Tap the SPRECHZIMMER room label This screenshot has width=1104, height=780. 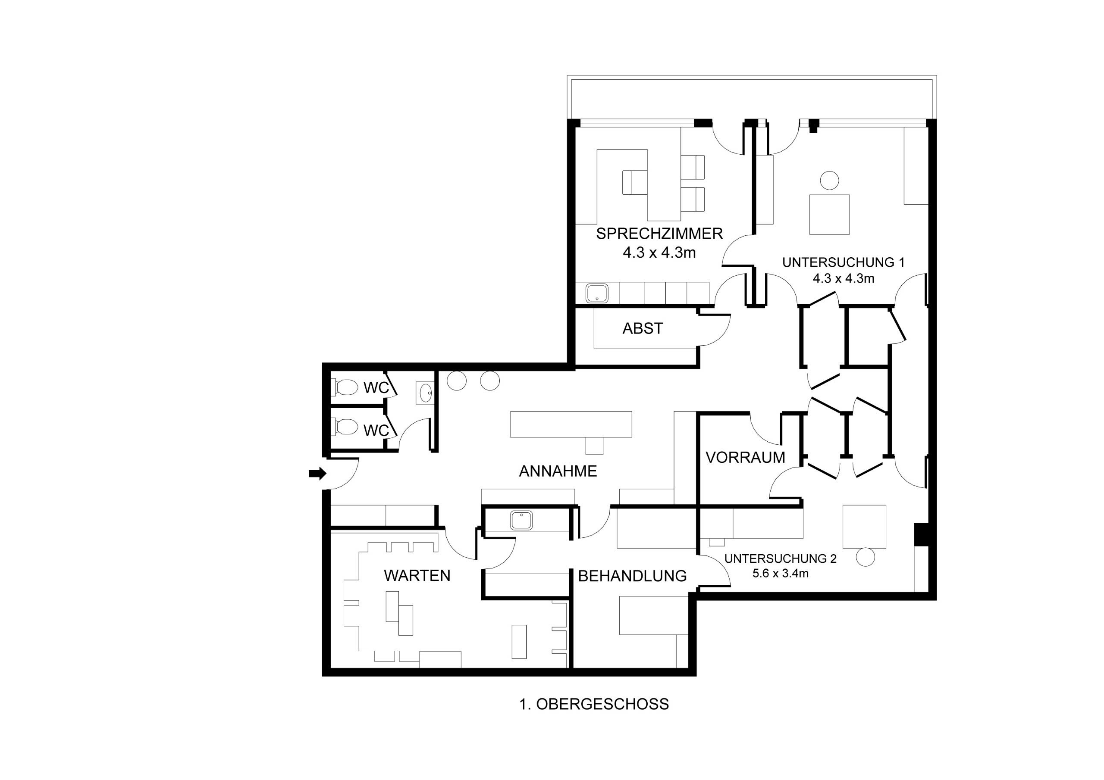659,234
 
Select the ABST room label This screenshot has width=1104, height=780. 643,329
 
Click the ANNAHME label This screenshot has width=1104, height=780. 558,471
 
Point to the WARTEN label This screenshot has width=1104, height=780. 417,575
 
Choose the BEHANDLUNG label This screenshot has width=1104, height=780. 632,576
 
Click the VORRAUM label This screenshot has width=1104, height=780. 745,458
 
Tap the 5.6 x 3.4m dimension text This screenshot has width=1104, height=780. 781,573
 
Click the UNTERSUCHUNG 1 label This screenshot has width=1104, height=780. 844,262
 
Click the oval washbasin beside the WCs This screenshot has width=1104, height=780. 425,393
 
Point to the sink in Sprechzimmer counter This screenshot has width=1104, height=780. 597,293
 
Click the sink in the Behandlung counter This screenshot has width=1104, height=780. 522,521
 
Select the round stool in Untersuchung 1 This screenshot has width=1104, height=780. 829,181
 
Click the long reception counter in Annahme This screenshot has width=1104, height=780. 571,424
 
